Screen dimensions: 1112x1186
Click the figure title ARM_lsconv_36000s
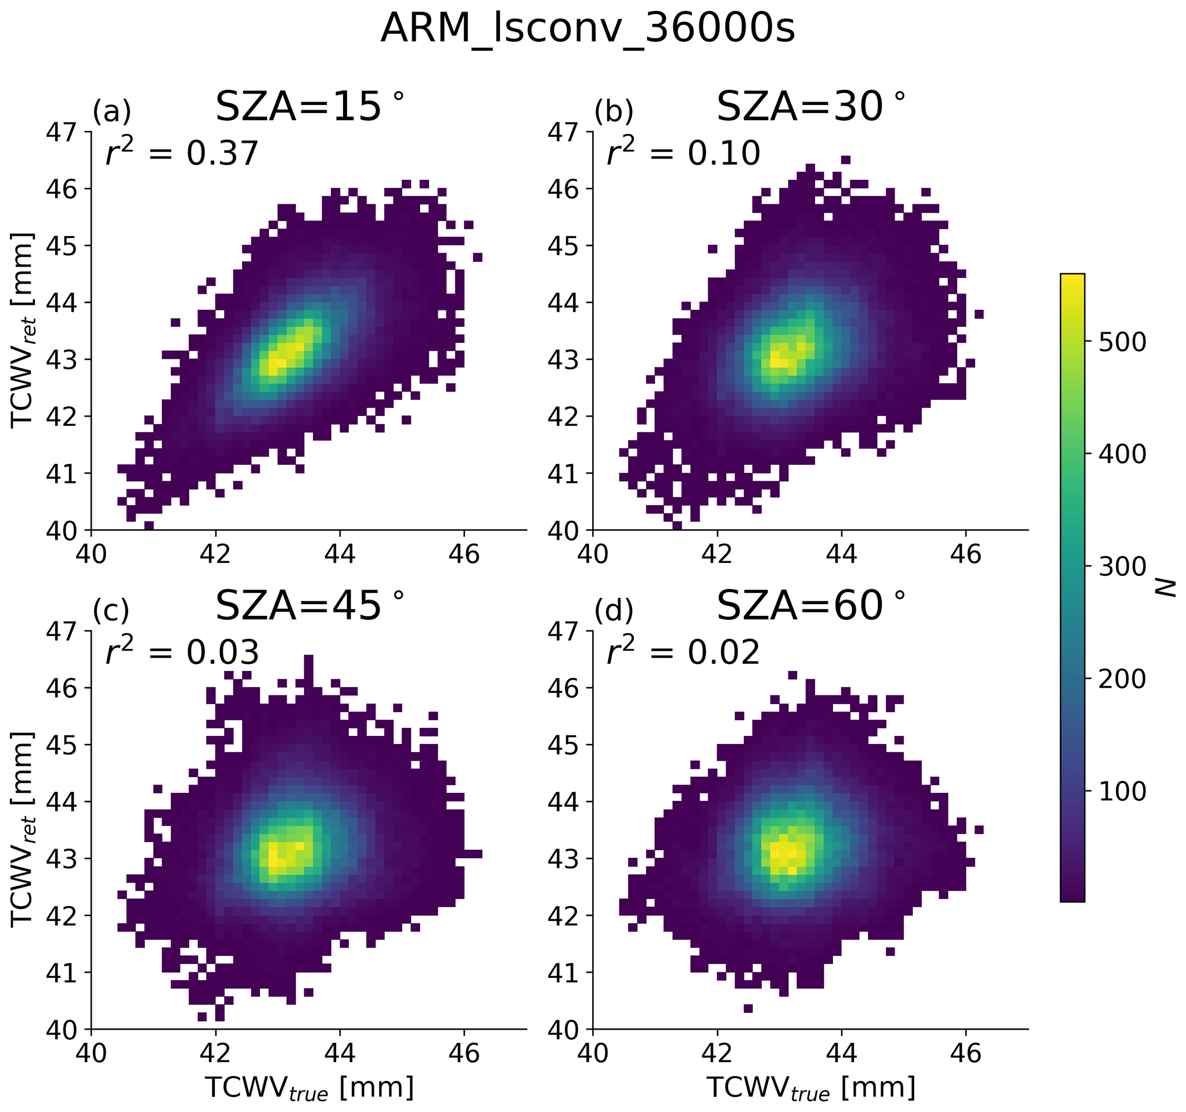(587, 28)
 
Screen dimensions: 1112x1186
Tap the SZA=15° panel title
(309, 107)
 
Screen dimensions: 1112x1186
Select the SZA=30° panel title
(810, 107)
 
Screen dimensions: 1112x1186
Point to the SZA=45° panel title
(309, 605)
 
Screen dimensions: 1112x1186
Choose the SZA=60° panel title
(810, 605)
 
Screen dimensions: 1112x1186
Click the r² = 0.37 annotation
(182, 153)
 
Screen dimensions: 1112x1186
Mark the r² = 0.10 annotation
(683, 153)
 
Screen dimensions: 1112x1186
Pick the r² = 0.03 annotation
(182, 651)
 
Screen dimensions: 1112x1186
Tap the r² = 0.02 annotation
(683, 651)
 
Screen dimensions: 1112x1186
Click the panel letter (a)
(111, 111)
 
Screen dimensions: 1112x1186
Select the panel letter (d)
(613, 611)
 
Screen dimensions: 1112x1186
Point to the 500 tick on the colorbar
(1122, 342)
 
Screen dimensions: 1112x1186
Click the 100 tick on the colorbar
(1122, 792)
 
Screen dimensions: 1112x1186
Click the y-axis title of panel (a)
(23, 330)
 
